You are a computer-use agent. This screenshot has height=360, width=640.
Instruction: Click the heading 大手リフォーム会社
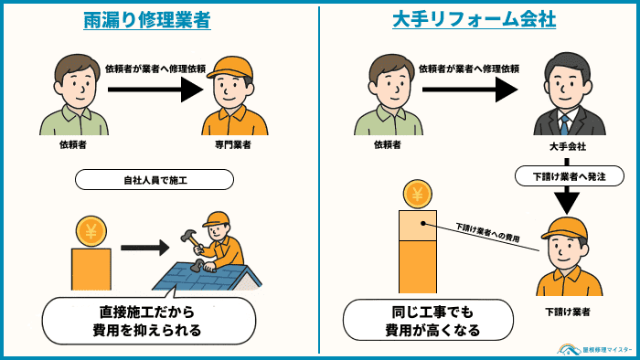[x=479, y=20]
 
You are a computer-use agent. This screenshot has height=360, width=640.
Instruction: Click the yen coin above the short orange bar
[x=91, y=231]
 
